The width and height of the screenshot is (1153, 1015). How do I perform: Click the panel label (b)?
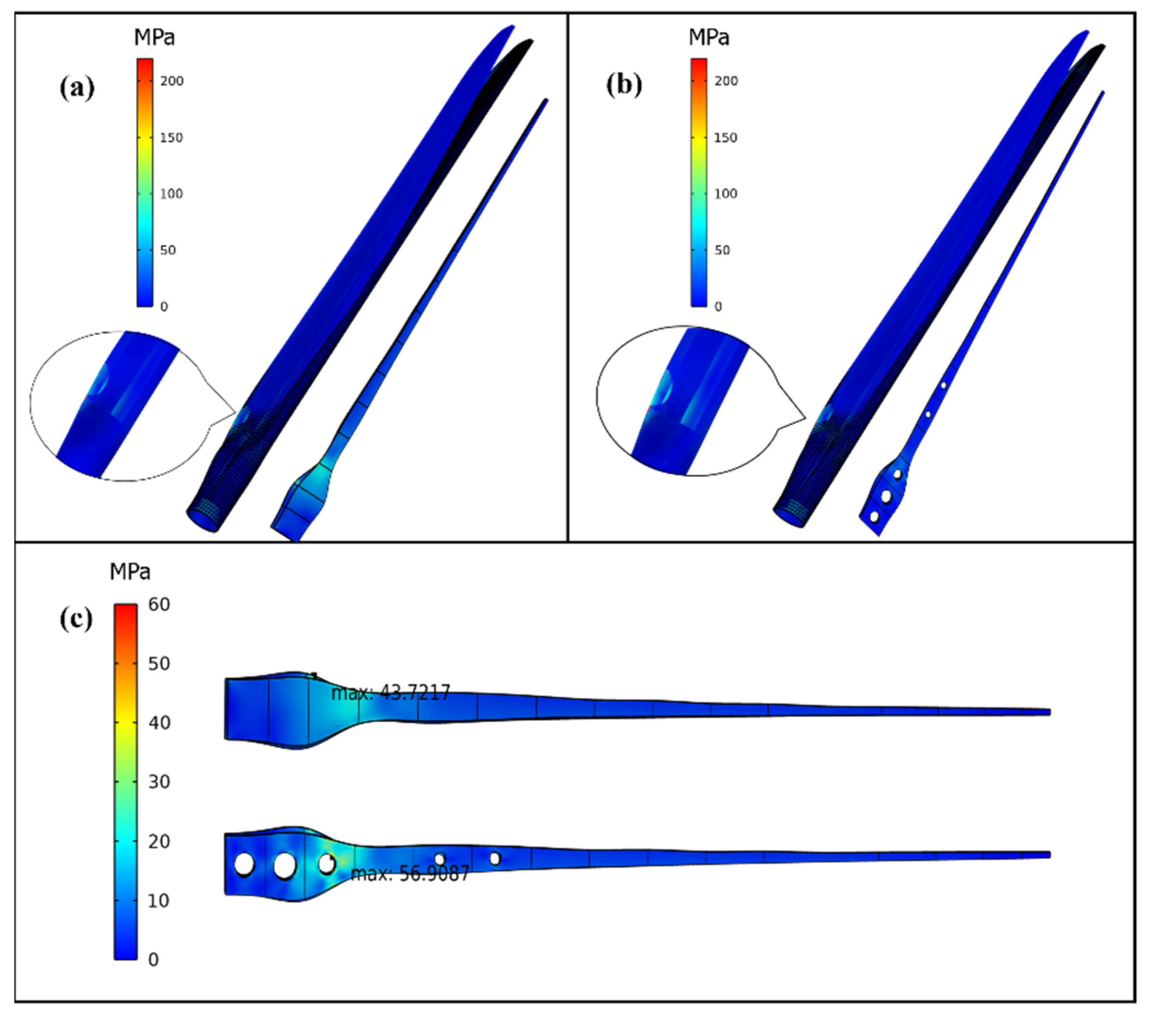pos(624,85)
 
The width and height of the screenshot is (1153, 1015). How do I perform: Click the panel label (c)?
pos(76,619)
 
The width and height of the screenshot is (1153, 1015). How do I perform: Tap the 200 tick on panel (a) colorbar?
pos(172,81)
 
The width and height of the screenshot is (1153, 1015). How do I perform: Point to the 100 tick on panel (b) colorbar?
pos(725,193)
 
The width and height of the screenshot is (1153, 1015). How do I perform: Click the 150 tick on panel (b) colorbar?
pos(725,137)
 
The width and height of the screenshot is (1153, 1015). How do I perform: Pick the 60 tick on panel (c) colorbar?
pos(159,604)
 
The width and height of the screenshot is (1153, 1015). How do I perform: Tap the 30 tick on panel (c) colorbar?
pos(159,782)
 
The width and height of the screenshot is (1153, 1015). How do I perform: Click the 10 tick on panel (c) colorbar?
pos(159,901)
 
